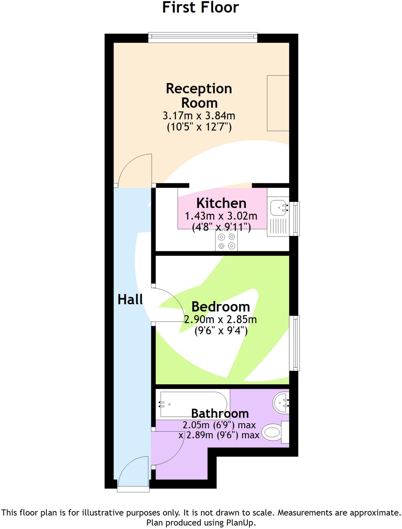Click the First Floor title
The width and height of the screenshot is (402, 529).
[200, 8]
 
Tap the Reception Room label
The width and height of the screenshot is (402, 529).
[199, 96]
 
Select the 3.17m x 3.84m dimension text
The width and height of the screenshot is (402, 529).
[199, 116]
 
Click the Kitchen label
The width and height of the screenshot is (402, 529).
[221, 203]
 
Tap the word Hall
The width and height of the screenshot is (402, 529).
[130, 300]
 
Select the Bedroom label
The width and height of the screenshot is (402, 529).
[221, 307]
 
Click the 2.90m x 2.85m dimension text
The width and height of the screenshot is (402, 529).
[221, 320]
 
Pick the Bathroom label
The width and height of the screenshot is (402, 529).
[220, 414]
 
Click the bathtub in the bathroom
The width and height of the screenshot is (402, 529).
[194, 404]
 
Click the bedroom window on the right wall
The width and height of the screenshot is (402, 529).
[294, 343]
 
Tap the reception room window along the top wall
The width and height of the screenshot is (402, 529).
[203, 38]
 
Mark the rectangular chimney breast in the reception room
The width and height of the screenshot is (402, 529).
[278, 103]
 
